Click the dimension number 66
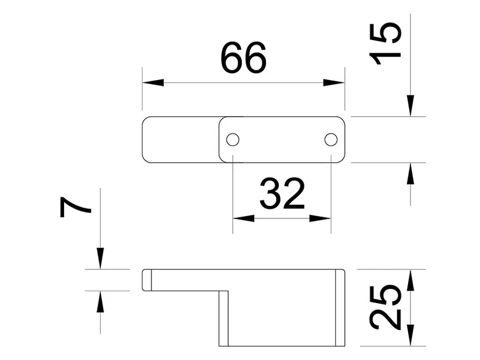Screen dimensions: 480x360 [x=243, y=58]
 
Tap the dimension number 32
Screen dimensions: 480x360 [x=282, y=194]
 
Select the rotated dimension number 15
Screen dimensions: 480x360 [x=385, y=44]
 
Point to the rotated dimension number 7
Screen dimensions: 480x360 [x=75, y=207]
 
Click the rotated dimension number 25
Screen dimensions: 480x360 [x=385, y=307]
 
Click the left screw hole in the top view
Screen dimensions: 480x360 [x=233, y=140]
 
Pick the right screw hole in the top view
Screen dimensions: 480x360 [x=331, y=140]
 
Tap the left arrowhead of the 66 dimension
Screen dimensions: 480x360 [x=153, y=82]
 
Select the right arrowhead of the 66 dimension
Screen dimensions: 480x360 [x=334, y=82]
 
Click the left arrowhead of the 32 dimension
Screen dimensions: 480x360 [x=244, y=218]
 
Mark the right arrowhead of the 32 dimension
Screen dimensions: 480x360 [x=320, y=218]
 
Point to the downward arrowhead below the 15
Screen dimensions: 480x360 [x=410, y=106]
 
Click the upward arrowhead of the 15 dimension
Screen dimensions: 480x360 [x=410, y=173]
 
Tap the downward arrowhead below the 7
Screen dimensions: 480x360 [x=100, y=258]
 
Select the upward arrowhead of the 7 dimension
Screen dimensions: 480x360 [x=100, y=301]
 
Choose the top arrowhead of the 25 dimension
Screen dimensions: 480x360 [x=410, y=280]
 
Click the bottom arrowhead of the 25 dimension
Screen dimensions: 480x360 [x=410, y=335]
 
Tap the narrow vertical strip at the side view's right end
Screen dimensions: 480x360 [x=340, y=308]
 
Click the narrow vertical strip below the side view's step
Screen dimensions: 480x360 [x=223, y=318]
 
